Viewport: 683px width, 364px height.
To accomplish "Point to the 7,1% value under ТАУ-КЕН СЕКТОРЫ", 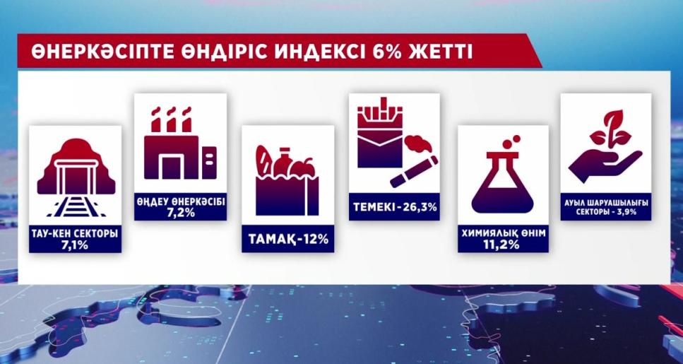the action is pos(75,245).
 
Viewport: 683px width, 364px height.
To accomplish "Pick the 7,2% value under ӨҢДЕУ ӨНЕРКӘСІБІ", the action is pos(180,213).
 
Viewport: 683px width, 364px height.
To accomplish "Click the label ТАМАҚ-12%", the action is pos(288,239).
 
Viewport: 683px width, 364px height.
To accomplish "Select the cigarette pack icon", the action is pos(380,132).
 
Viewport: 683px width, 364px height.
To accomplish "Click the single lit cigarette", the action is pos(414,172).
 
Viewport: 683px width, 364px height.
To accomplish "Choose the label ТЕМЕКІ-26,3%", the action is pos(395,206).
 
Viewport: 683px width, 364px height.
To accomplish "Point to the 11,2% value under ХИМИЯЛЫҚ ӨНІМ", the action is pos(503,245).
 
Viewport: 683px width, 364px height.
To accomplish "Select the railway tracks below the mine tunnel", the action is pos(76,206).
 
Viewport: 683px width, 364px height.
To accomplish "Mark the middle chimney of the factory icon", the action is pos(171,119).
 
